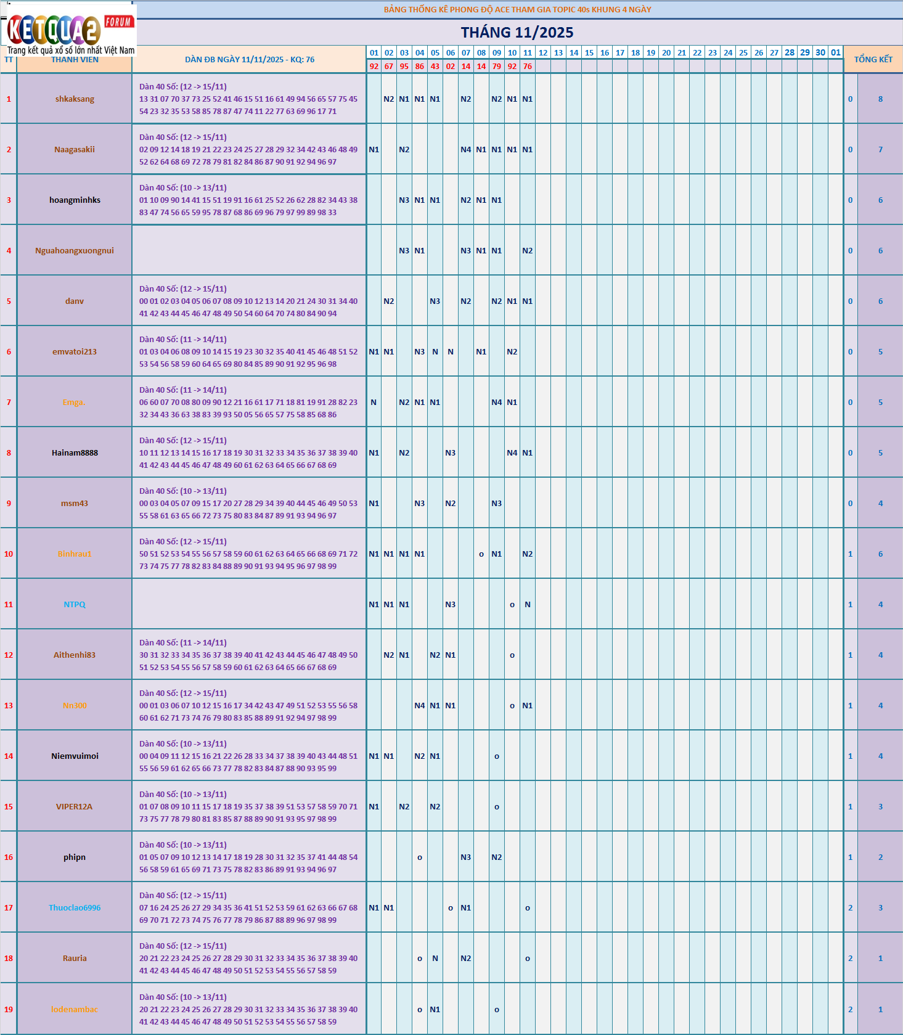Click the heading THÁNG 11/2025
tap(517, 33)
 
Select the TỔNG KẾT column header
tap(873, 59)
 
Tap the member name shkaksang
tap(75, 99)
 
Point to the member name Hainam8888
tap(75, 453)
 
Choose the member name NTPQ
tap(75, 605)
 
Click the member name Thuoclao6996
tap(75, 908)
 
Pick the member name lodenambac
tap(75, 1010)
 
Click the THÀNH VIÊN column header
tap(75, 60)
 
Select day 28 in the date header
tap(790, 52)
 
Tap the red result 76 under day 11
tap(528, 67)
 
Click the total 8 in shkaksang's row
tap(880, 99)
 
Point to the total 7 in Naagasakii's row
tap(880, 150)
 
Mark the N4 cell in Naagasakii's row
tap(466, 150)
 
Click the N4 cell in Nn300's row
tap(420, 706)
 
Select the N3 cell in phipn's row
tap(466, 857)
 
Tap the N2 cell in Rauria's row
tap(466, 959)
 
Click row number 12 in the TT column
tap(9, 655)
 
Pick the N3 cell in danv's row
tap(435, 301)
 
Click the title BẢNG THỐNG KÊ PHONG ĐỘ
tap(517, 9)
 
